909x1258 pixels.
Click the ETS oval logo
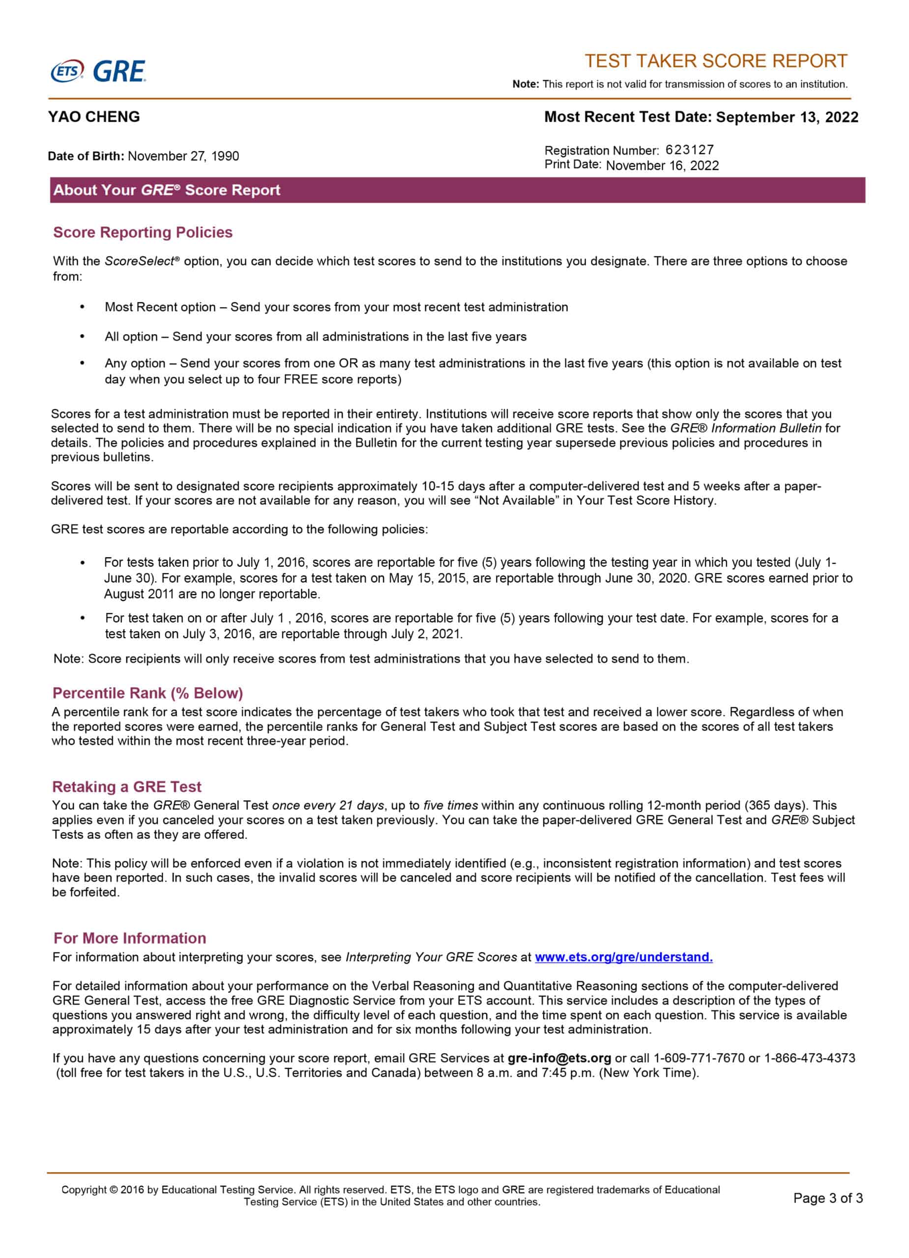(x=67, y=72)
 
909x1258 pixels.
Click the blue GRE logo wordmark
(x=119, y=72)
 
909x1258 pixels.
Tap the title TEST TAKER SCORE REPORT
(x=716, y=61)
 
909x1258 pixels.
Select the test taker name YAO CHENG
(x=94, y=117)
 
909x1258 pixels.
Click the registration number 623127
(x=690, y=150)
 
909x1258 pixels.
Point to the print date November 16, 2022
(x=662, y=165)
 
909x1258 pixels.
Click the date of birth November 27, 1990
(x=183, y=156)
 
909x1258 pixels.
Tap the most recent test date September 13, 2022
(x=787, y=117)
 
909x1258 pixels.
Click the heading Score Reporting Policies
(x=143, y=232)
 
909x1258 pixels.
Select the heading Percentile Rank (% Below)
(x=147, y=693)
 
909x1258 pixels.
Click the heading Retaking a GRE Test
(x=126, y=787)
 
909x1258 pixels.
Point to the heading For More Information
(x=130, y=938)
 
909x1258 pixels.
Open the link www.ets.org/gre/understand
(x=623, y=957)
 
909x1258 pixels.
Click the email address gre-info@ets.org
(x=559, y=1058)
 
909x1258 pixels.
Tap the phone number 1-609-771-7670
(x=699, y=1058)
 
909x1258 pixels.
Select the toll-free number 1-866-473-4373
(x=810, y=1058)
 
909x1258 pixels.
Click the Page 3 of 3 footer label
(x=827, y=1198)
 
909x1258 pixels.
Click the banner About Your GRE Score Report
(x=167, y=190)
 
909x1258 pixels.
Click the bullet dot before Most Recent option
(x=82, y=307)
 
